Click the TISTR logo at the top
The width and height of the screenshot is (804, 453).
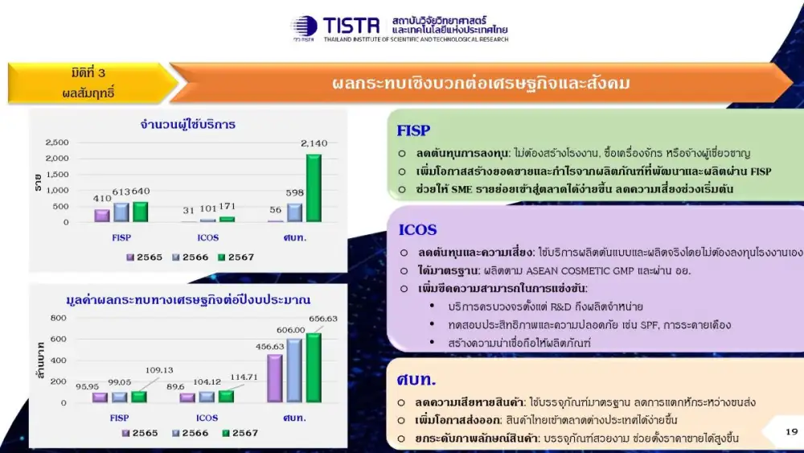click(x=400, y=28)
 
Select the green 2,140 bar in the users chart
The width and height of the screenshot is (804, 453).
click(x=314, y=188)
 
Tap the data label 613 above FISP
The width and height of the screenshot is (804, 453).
click(x=121, y=191)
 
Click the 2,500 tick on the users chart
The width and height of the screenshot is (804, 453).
click(x=57, y=142)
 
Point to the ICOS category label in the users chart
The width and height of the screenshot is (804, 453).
click(x=207, y=237)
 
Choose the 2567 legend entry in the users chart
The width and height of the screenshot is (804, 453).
click(x=236, y=257)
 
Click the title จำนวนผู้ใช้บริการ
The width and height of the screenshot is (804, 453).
click(x=187, y=124)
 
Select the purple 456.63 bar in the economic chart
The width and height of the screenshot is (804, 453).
click(x=275, y=379)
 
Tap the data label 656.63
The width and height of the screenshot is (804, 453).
click(x=323, y=319)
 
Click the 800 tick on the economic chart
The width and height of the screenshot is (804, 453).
click(x=59, y=318)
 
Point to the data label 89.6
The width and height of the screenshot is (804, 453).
click(x=175, y=386)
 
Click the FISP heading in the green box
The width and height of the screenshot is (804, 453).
click(x=413, y=130)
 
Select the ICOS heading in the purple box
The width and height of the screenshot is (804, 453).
click(x=417, y=229)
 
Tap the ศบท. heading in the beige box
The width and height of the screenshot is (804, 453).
click(x=416, y=380)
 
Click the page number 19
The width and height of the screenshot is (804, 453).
click(x=792, y=431)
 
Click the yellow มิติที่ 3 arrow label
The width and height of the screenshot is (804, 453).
click(x=89, y=83)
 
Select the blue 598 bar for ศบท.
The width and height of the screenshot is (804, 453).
click(x=294, y=213)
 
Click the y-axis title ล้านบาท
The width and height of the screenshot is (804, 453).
click(x=40, y=360)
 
